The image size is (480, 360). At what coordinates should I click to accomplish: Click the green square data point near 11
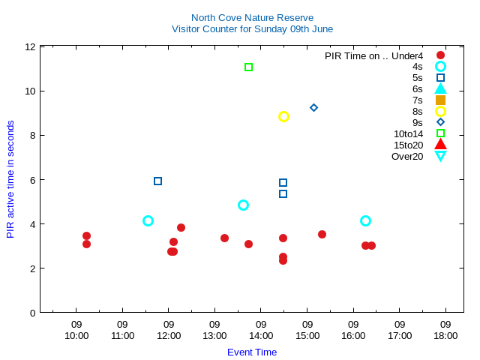(x=248, y=67)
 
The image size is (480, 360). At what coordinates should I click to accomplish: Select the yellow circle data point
(x=283, y=116)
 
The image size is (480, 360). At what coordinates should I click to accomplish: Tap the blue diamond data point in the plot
(x=313, y=108)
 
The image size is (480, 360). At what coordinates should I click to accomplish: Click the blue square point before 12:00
(x=157, y=181)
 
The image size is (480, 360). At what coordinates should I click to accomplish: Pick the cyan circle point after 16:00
(x=365, y=220)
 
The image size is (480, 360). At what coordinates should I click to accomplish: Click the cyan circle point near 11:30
(x=148, y=220)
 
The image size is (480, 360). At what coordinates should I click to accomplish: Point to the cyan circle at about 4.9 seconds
(x=243, y=205)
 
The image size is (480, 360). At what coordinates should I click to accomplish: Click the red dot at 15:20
(x=322, y=235)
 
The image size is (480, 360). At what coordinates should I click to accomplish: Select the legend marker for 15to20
(x=440, y=145)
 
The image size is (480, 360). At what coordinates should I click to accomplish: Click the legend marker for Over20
(x=440, y=156)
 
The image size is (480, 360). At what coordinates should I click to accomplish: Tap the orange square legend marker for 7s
(x=440, y=100)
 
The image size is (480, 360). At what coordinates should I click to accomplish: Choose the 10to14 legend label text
(x=408, y=133)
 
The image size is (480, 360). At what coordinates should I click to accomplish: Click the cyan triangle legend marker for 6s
(x=440, y=88)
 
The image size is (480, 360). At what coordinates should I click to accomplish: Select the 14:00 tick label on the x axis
(x=261, y=331)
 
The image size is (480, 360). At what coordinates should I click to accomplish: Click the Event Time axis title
(x=252, y=352)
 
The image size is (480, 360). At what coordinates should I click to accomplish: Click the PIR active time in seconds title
(x=10, y=179)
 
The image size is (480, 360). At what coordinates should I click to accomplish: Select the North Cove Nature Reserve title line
(x=252, y=17)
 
